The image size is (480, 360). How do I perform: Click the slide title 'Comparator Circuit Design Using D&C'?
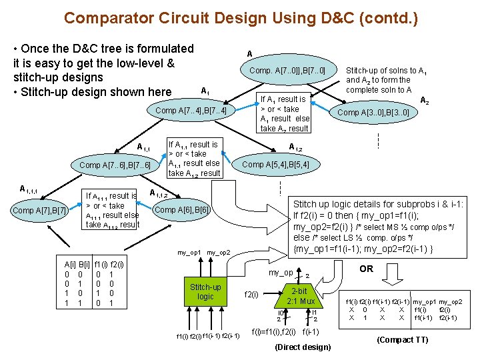[241, 17]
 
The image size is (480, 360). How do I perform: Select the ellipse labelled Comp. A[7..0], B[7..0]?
[287, 71]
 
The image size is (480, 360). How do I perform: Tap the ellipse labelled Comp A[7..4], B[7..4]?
[191, 110]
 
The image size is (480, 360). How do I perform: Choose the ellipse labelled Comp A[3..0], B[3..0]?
[373, 113]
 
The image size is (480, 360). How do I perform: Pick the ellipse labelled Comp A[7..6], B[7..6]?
[115, 165]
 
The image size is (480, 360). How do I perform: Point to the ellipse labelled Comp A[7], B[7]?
[40, 211]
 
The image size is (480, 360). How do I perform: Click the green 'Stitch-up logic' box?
[206, 292]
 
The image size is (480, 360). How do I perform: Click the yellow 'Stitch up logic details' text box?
[379, 226]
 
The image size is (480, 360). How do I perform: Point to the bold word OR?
[366, 269]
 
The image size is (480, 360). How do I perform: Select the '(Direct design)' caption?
[302, 347]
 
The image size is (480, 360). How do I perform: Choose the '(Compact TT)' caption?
[402, 339]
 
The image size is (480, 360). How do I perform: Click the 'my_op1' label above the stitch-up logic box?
[189, 253]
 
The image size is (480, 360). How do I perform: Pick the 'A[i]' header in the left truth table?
[69, 264]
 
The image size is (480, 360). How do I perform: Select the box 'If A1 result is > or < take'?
[284, 113]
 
